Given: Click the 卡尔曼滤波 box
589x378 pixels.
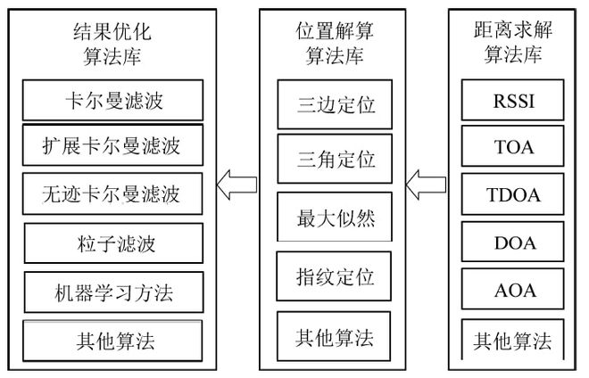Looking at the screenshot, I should click(112, 99).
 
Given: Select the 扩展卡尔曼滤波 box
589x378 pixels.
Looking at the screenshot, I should click(112, 144).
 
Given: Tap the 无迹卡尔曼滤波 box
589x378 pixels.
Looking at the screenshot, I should click(112, 192).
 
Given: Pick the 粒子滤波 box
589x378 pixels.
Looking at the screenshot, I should click(112, 242).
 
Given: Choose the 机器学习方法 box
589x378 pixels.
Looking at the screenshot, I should click(112, 290).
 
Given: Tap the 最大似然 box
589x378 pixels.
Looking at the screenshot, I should click(335, 217).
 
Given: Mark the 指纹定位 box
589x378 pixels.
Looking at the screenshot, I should click(335, 277).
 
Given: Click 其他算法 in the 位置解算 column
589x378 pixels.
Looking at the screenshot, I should click(335, 337).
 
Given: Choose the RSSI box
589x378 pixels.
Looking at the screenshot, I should click(513, 100).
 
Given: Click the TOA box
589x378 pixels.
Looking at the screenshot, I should click(513, 147).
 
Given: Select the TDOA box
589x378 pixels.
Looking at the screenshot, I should click(513, 194).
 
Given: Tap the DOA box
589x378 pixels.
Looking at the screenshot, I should click(513, 242).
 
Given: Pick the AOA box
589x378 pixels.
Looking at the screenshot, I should click(513, 290).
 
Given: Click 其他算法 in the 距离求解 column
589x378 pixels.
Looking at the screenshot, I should click(513, 340).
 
